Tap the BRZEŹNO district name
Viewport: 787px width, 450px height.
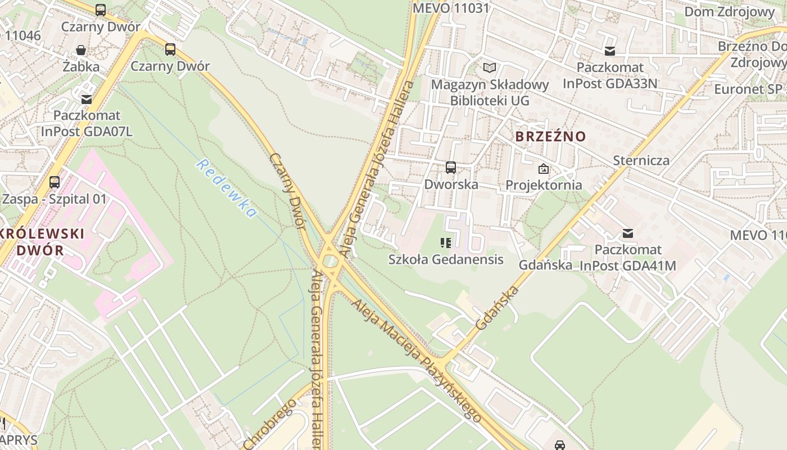[x=550, y=136]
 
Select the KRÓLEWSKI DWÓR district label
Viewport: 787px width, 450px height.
[x=42, y=242]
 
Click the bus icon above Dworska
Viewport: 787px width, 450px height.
[x=450, y=167]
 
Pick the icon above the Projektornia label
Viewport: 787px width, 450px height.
[x=544, y=168]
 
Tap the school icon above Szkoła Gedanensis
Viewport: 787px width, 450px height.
[x=446, y=243]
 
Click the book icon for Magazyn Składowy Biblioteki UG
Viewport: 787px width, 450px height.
[x=490, y=68]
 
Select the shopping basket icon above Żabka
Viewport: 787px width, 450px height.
[x=81, y=50]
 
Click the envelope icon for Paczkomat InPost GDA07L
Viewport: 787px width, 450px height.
[x=87, y=99]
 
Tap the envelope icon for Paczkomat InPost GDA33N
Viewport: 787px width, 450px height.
[x=610, y=51]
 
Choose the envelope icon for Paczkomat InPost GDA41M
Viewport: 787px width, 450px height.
[x=628, y=233]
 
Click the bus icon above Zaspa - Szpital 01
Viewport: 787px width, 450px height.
[x=54, y=182]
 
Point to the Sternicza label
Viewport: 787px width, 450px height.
[x=641, y=160]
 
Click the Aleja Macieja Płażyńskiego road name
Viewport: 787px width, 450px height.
[x=417, y=361]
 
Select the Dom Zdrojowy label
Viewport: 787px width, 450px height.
[x=729, y=11]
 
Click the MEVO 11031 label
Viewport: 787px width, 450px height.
[x=451, y=8]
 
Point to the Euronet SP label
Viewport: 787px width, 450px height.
[x=748, y=89]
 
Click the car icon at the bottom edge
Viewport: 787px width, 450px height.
[x=559, y=445]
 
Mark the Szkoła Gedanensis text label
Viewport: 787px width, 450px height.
[x=446, y=259]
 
